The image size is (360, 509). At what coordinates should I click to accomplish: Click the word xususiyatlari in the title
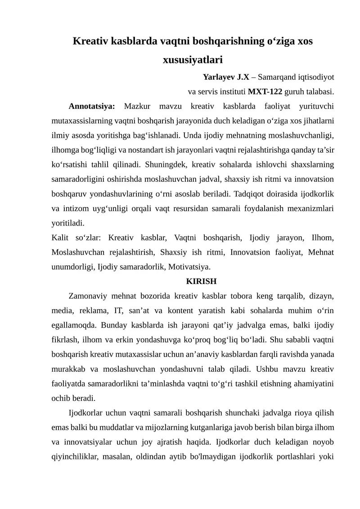[x=193, y=59]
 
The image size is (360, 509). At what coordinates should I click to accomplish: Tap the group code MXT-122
[x=265, y=92]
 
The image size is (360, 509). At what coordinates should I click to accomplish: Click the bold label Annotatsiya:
[x=92, y=107]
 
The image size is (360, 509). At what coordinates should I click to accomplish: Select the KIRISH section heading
[x=201, y=281]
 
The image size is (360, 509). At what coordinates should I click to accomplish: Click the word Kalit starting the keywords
[x=61, y=237]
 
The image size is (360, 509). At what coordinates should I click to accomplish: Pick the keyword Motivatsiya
[x=189, y=266]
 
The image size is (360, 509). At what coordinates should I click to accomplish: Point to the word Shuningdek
[x=163, y=164]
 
